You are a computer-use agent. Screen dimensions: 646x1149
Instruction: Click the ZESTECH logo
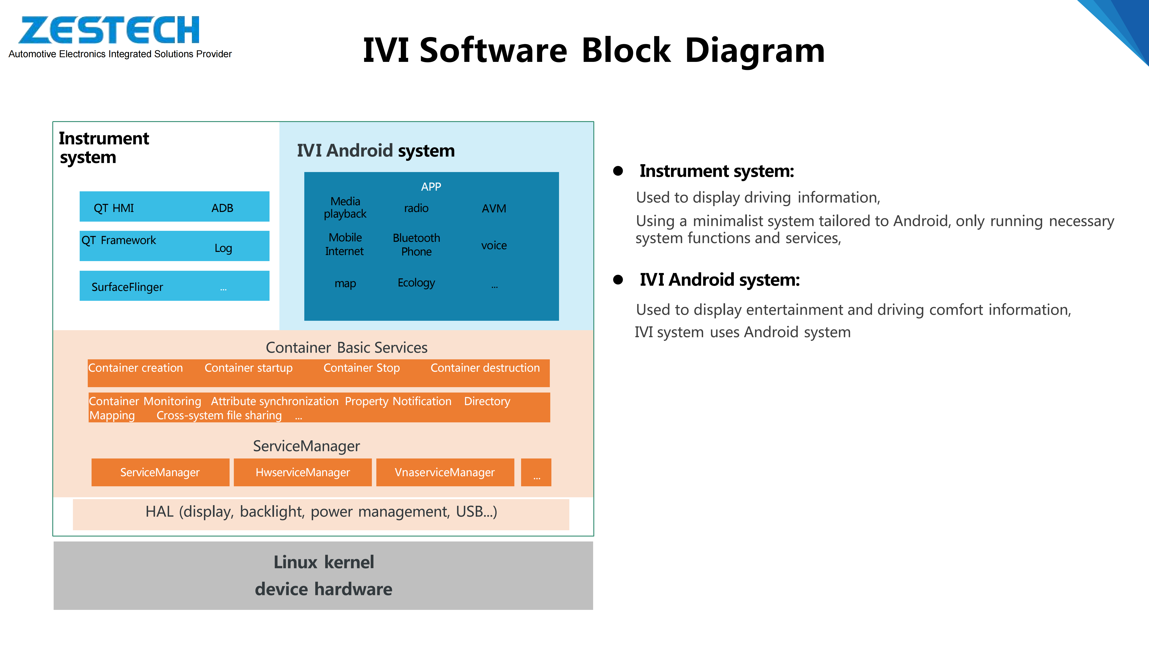click(x=109, y=30)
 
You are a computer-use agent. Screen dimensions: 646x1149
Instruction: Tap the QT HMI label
click(x=114, y=208)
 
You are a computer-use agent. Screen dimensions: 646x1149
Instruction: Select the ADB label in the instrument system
click(x=222, y=208)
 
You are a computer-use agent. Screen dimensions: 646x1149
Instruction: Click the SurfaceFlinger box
click(x=174, y=286)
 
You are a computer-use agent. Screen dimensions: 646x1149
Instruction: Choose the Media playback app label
click(x=345, y=208)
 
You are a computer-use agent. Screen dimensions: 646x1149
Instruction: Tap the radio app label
click(x=416, y=208)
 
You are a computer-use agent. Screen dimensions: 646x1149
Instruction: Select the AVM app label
click(x=494, y=209)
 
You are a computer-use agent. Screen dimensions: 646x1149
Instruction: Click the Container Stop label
click(x=361, y=368)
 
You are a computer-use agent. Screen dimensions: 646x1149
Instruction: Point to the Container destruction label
click(x=485, y=368)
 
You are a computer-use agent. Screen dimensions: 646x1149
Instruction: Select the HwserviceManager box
click(x=303, y=472)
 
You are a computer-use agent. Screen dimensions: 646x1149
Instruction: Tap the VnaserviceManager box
click(x=445, y=472)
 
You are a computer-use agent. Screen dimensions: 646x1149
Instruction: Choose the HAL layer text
click(x=321, y=511)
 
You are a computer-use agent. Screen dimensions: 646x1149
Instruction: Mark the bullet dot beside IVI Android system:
click(x=618, y=279)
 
